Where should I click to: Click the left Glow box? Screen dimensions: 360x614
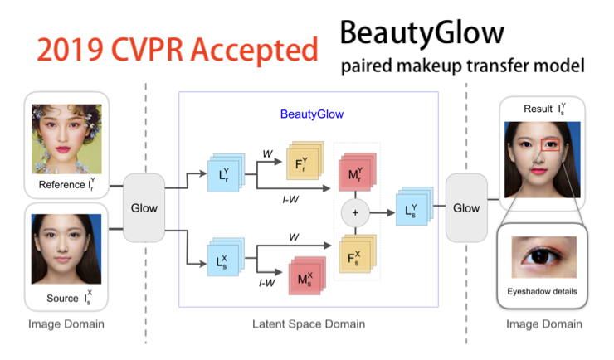[144, 208]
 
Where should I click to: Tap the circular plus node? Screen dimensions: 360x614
[355, 212]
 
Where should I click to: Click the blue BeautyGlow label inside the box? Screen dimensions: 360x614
[311, 114]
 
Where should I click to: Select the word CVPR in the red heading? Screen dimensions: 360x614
[148, 50]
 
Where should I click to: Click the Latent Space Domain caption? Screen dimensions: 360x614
[309, 324]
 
